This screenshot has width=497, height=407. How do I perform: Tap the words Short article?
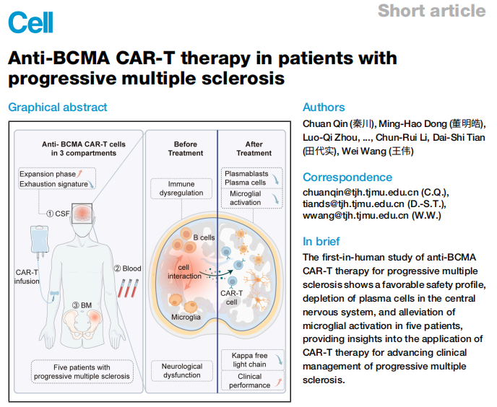(x=431, y=11)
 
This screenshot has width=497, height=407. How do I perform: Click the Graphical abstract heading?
(x=58, y=108)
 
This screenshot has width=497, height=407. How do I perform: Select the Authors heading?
(x=324, y=108)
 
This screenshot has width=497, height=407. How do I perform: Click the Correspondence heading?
(x=347, y=177)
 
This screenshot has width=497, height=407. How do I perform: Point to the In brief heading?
(x=321, y=241)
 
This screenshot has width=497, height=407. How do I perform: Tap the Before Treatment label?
(x=186, y=149)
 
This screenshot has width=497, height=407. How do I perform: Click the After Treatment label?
(x=254, y=149)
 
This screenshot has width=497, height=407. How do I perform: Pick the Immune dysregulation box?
(x=177, y=189)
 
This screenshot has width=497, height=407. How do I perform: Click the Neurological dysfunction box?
(x=182, y=371)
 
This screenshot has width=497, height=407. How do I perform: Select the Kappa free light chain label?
(x=249, y=360)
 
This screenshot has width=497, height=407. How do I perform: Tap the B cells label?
(x=205, y=237)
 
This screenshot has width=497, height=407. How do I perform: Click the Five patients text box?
(x=82, y=371)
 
